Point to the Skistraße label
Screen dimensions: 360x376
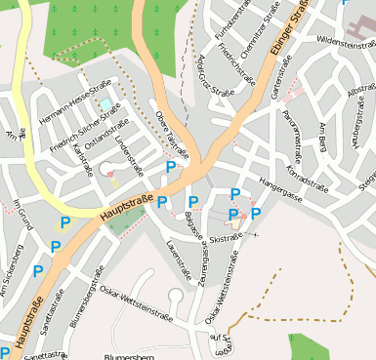click(x=226, y=238)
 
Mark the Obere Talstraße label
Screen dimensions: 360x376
click(x=172, y=135)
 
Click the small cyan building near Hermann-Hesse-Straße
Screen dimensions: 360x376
click(x=105, y=103)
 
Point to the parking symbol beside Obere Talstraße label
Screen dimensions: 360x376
click(x=171, y=168)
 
